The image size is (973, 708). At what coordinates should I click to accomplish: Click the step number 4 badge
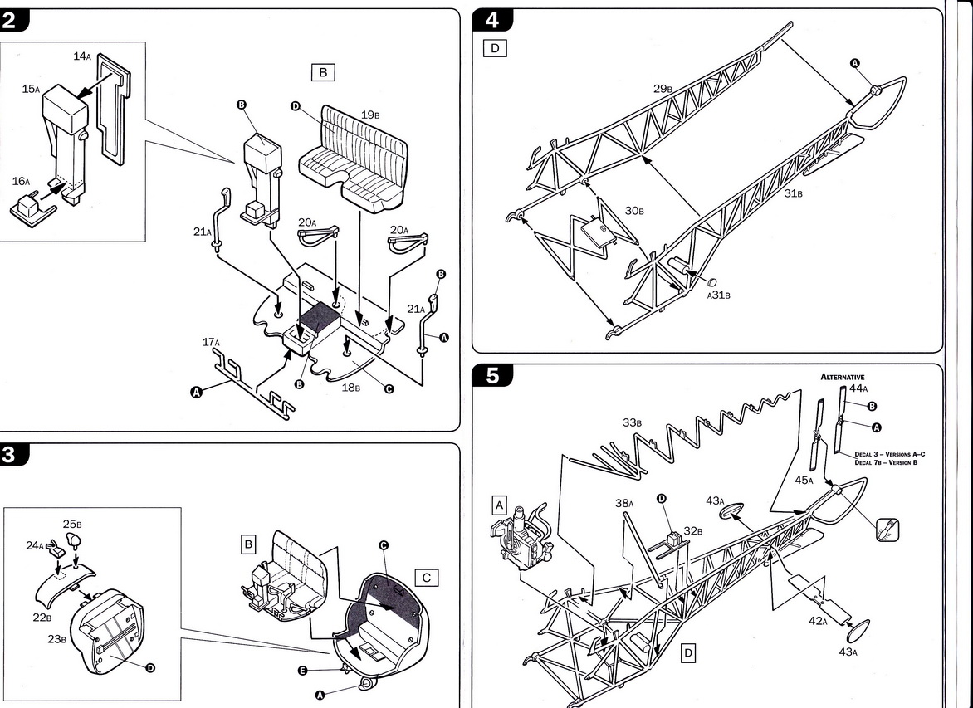(491, 19)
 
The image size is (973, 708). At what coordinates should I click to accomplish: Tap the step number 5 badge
(492, 376)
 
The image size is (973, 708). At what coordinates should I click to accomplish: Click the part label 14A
(81, 56)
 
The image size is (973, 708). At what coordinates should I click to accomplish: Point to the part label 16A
(21, 181)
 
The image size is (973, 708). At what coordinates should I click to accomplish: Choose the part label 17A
(211, 342)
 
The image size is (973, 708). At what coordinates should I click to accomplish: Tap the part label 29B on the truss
(662, 87)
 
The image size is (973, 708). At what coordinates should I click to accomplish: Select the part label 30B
(634, 211)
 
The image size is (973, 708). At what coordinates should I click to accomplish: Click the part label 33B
(633, 422)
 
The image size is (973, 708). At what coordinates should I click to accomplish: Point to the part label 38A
(623, 503)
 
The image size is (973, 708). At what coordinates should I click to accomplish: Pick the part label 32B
(693, 530)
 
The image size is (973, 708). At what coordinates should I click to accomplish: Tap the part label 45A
(804, 480)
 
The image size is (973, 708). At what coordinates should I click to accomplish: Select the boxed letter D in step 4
(495, 48)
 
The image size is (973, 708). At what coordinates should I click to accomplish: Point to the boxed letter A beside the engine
(499, 504)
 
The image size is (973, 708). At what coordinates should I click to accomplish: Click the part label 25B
(71, 525)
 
